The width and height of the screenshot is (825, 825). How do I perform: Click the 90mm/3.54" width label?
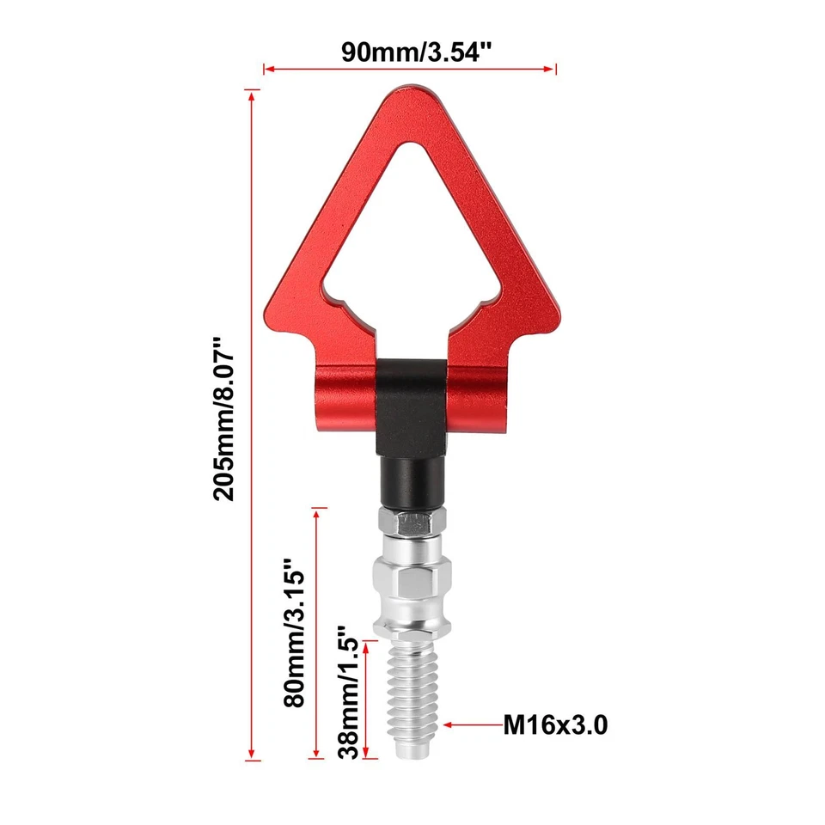[x=411, y=50]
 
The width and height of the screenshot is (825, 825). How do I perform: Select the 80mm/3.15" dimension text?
[x=294, y=632]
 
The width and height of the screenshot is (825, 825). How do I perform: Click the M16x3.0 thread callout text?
[x=555, y=726]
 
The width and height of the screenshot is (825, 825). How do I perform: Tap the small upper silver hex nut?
[x=411, y=521]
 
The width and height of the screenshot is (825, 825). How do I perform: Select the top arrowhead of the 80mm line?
[x=319, y=514]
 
